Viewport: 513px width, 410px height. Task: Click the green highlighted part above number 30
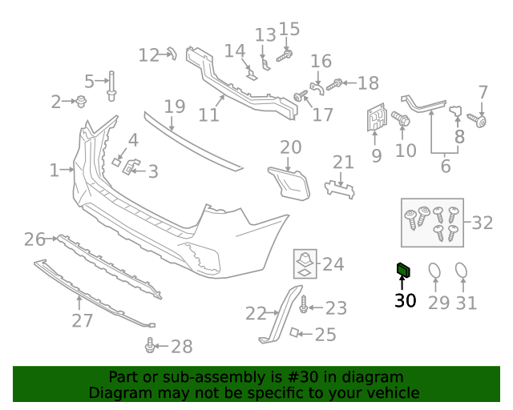(404, 271)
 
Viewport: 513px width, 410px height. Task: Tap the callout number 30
(405, 301)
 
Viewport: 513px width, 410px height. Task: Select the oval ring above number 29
(434, 273)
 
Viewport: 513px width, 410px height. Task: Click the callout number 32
(482, 223)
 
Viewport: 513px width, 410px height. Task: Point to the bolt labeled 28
(150, 346)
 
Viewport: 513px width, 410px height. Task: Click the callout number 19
(175, 107)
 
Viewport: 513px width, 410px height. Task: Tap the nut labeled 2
(81, 101)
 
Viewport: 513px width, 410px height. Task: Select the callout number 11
(208, 115)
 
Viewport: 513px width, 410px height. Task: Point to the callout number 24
(333, 263)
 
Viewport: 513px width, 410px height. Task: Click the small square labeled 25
(295, 332)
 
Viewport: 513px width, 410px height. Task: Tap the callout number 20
(290, 147)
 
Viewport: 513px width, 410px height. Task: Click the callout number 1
(54, 170)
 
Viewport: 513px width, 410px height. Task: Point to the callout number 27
(82, 321)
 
